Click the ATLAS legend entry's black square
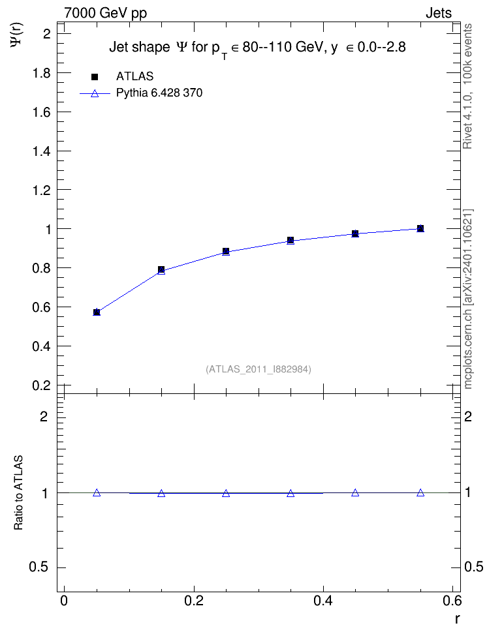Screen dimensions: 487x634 pyautogui.click(x=95, y=76)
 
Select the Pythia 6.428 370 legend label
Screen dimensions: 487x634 pyautogui.click(x=159, y=93)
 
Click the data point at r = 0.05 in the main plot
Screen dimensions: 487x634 pyautogui.click(x=97, y=312)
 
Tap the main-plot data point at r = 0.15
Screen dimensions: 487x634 pyautogui.click(x=161, y=270)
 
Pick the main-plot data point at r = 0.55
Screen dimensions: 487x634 pyautogui.click(x=420, y=228)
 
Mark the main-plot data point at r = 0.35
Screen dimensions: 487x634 pyautogui.click(x=291, y=241)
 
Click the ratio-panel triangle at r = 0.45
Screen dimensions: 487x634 pyautogui.click(x=355, y=492)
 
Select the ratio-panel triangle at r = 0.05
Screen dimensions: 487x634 pyautogui.click(x=97, y=492)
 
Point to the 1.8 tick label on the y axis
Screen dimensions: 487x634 pyautogui.click(x=41, y=73)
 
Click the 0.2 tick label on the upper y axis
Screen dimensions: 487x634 pyautogui.click(x=41, y=385)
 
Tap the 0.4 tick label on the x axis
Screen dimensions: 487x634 pyautogui.click(x=323, y=601)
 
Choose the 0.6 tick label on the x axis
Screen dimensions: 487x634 pyautogui.click(x=452, y=601)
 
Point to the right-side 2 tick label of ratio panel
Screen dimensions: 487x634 pyautogui.click(x=468, y=416)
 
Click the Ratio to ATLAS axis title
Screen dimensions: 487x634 pyautogui.click(x=18, y=492)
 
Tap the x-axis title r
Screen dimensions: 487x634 pyautogui.click(x=457, y=619)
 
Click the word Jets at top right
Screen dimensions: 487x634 pyautogui.click(x=439, y=13)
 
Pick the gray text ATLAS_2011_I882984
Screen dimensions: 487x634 pyautogui.click(x=259, y=369)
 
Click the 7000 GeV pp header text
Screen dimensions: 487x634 pyautogui.click(x=105, y=13)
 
